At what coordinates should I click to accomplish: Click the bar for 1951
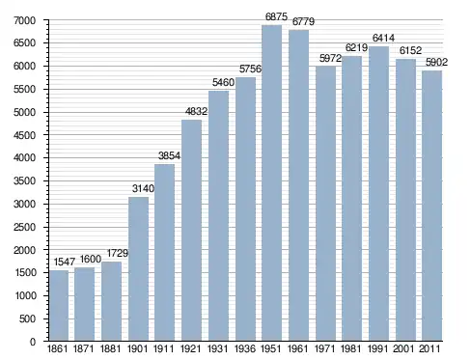pos(272,182)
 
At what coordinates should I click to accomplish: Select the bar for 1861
pos(59,305)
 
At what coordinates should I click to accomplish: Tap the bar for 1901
pos(138,268)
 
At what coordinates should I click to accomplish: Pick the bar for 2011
pos(432,206)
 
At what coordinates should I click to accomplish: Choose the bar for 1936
pos(245,208)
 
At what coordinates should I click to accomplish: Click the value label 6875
pos(276,16)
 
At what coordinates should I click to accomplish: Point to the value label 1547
pos(64,262)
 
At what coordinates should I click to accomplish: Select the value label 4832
pos(196,111)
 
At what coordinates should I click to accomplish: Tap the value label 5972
pos(330,58)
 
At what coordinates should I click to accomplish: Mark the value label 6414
pos(383,38)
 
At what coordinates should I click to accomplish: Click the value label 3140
pos(143,188)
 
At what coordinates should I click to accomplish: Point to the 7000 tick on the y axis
pos(24,20)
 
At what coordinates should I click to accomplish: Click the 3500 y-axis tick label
pos(24,180)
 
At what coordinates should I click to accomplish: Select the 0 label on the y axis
pos(33,342)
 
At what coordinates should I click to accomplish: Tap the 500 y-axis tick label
pos(27,318)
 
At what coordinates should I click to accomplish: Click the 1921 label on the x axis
pos(191,348)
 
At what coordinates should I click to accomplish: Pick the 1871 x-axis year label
pos(84,348)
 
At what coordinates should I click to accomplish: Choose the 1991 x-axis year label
pos(378,348)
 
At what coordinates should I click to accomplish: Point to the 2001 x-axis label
pos(405,348)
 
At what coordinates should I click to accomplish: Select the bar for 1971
pos(325,204)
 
